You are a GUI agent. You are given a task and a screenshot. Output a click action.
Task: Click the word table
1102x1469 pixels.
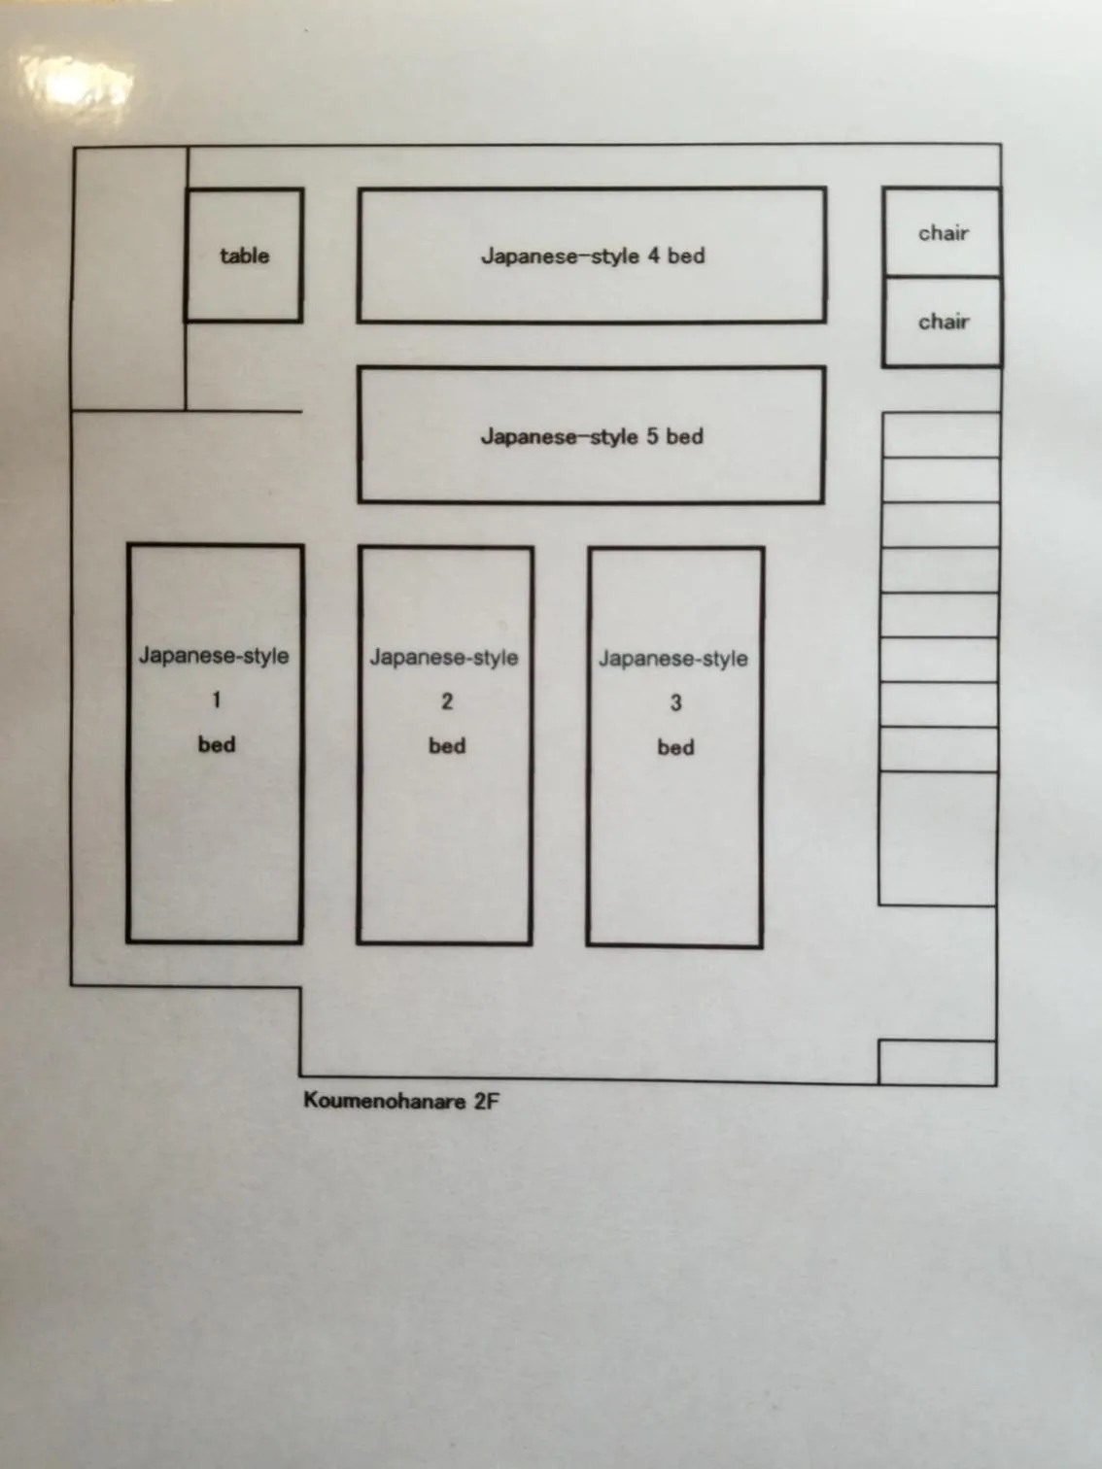244,256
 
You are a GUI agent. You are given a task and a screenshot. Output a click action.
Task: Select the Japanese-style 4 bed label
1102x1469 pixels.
593,256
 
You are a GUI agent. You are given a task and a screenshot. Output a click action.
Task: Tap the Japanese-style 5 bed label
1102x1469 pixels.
592,436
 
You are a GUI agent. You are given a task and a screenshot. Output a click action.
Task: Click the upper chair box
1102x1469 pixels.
942,232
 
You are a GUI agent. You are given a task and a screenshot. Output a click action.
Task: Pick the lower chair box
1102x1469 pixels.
942,322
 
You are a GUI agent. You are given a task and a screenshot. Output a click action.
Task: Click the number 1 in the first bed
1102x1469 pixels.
217,700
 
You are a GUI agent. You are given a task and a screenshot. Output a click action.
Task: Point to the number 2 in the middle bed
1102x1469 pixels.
447,701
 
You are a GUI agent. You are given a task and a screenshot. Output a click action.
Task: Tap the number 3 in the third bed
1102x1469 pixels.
675,702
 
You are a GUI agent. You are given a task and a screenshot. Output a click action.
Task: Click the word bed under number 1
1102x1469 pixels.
217,744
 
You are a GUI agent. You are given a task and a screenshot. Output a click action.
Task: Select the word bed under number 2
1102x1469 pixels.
447,746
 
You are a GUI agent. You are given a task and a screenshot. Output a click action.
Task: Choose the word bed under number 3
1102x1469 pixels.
675,747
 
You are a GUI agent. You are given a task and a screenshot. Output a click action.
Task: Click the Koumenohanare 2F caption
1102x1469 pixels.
400,1101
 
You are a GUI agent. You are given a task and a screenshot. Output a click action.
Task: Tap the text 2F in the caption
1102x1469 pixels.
485,1101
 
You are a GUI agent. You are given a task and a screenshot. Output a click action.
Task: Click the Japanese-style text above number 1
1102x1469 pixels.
214,656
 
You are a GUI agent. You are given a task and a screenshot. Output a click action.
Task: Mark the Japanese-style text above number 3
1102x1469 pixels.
673,659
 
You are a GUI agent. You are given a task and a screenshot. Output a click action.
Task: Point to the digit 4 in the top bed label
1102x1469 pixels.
653,256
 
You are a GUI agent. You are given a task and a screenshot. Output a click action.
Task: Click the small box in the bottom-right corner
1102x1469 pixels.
937,1062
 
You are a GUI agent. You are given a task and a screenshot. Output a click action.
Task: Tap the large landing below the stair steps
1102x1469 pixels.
938,838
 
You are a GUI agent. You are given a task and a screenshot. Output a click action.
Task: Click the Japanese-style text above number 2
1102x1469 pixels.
444,658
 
